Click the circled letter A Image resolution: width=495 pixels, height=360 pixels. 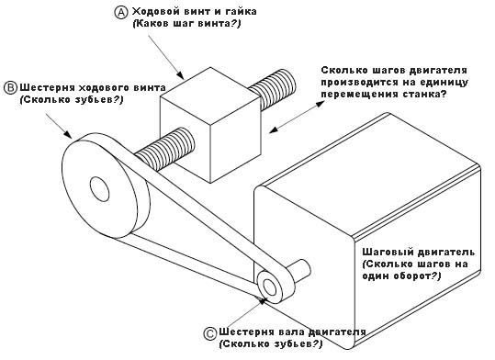[x=121, y=13]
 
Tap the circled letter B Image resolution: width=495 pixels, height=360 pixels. [x=11, y=88]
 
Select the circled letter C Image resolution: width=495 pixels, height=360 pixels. [x=210, y=333]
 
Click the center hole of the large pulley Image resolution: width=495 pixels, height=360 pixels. [x=99, y=189]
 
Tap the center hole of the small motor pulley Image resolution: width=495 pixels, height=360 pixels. [x=269, y=287]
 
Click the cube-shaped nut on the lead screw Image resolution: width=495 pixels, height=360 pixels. [x=211, y=125]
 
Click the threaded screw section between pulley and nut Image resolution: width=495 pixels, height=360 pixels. [x=164, y=148]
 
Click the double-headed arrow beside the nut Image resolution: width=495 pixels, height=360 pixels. [x=297, y=117]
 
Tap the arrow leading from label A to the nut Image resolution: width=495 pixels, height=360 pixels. [x=165, y=57]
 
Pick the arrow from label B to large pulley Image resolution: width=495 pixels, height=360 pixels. [x=59, y=126]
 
